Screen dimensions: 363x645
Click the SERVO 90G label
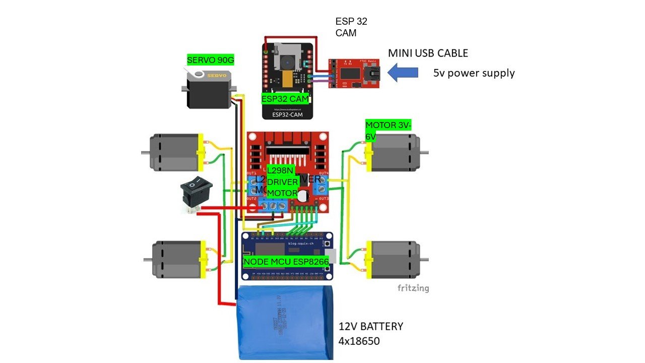[x=211, y=60]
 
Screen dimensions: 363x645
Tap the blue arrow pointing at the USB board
[x=404, y=72]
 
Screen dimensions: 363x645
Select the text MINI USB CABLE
[x=428, y=53]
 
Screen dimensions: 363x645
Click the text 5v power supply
[x=474, y=73]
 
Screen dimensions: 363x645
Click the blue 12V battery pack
[x=286, y=323]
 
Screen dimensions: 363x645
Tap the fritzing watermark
[x=413, y=288]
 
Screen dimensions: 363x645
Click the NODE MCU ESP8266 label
[x=286, y=262]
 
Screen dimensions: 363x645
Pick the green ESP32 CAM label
[x=285, y=99]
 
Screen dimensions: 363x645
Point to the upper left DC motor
[x=174, y=151]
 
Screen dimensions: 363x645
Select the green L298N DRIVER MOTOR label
[x=283, y=181]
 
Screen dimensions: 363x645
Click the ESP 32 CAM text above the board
[x=351, y=27]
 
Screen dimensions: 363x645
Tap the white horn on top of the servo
[x=199, y=74]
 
